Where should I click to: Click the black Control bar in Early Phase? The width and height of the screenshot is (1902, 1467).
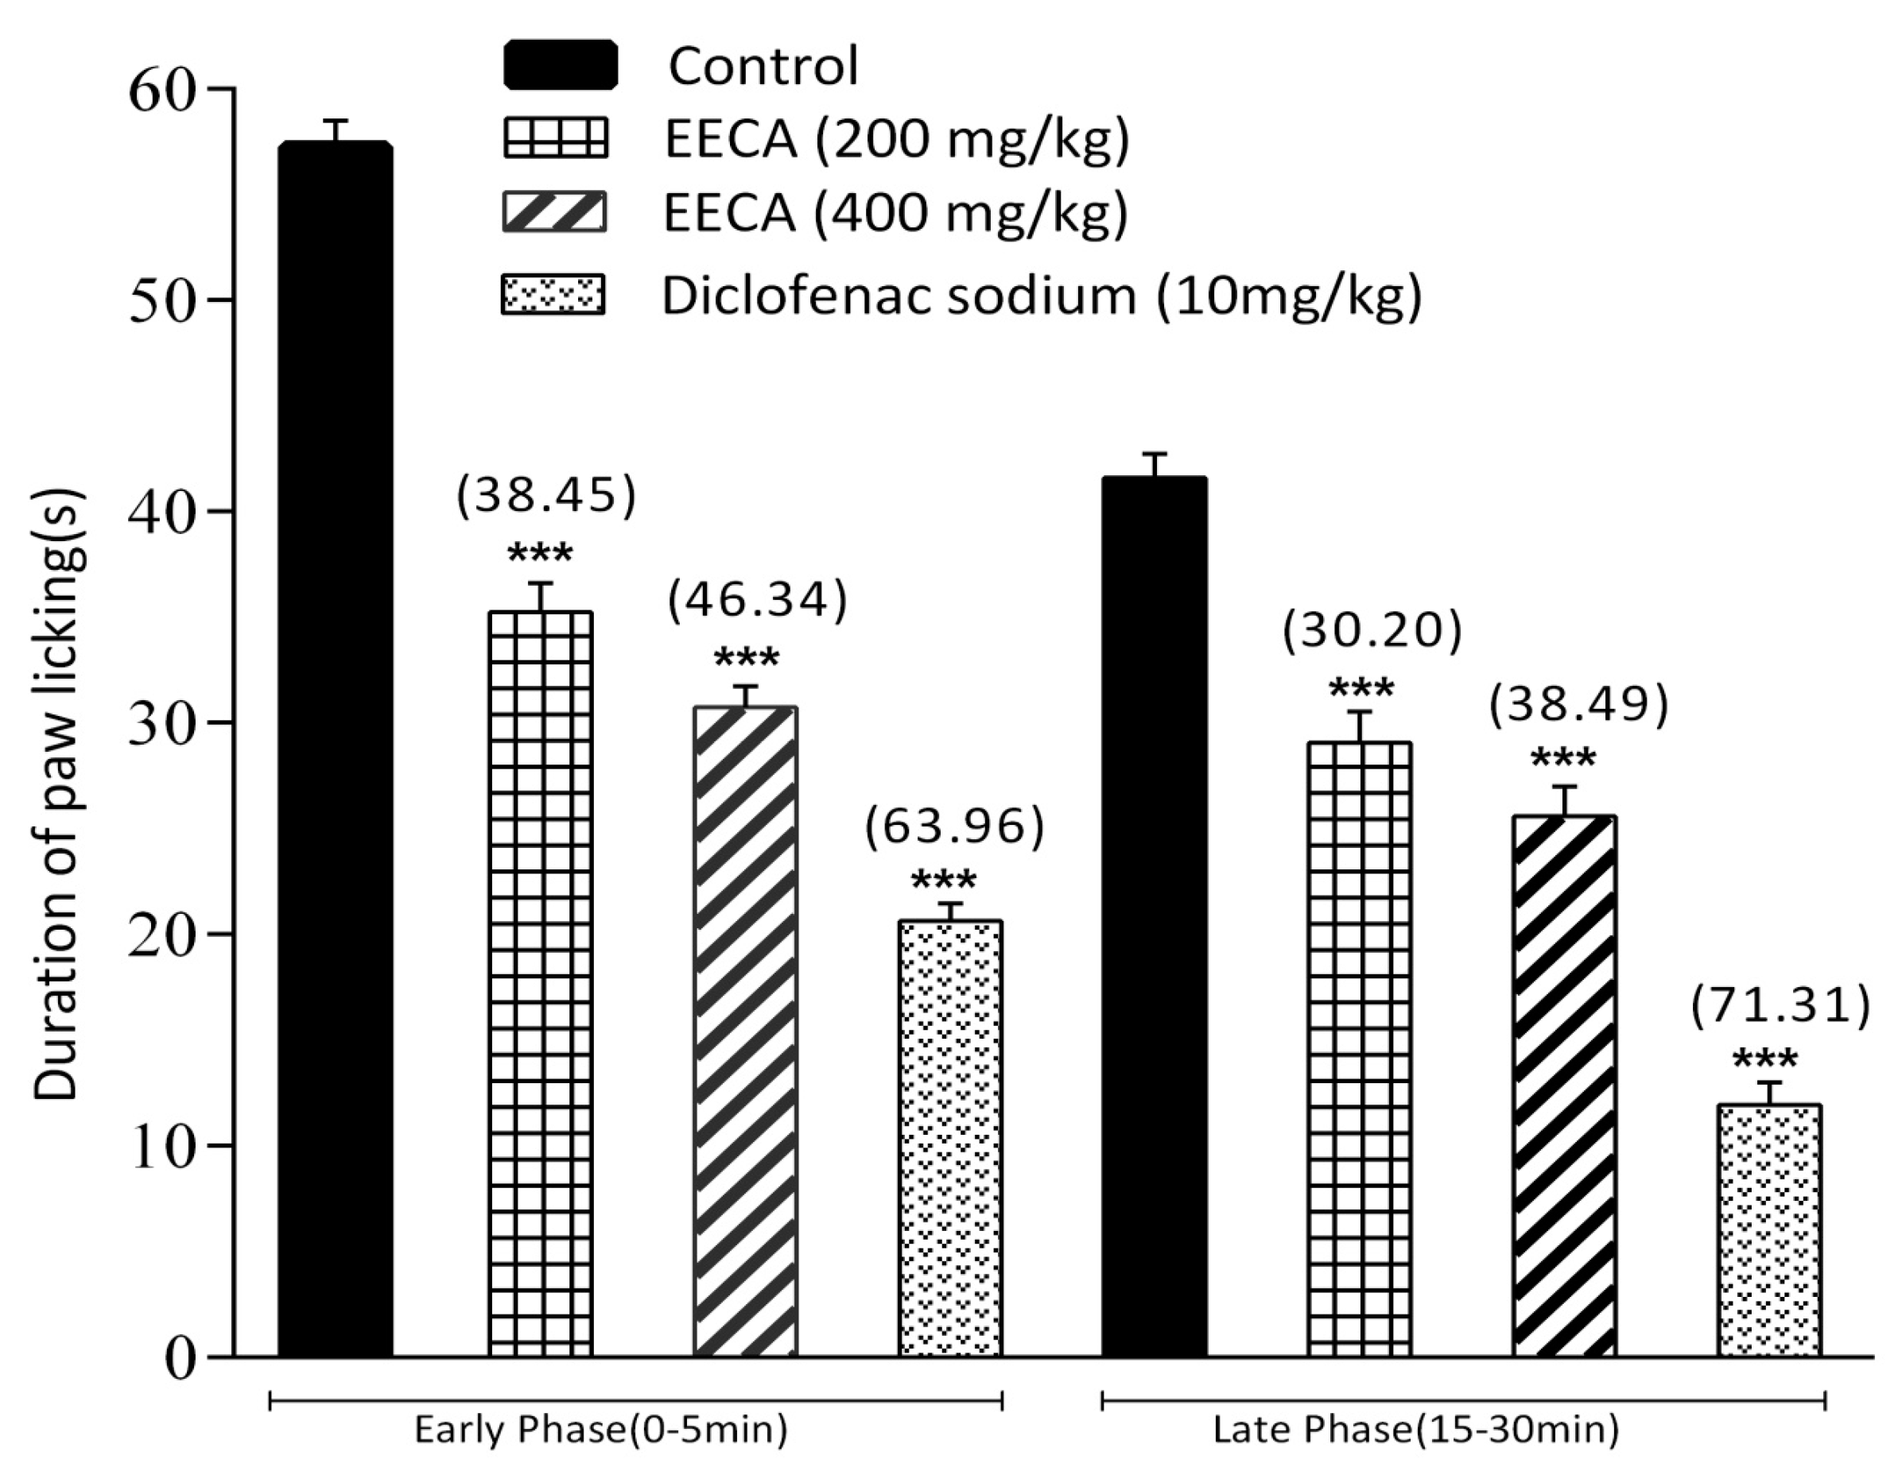click(336, 749)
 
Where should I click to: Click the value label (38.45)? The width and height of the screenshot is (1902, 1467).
click(547, 495)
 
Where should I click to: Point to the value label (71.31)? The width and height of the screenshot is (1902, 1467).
click(1781, 1006)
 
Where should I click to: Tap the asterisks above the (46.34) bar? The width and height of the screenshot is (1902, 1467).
click(747, 659)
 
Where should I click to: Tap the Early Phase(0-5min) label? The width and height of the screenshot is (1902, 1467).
click(601, 1430)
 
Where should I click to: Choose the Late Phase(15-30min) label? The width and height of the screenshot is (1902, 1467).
click(1416, 1430)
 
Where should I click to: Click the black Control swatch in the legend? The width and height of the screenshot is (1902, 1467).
click(561, 65)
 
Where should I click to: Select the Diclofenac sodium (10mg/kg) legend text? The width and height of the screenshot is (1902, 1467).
click(1042, 296)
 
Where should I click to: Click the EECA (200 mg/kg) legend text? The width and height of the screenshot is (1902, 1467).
click(897, 139)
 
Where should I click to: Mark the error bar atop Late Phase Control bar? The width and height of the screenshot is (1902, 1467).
click(1155, 465)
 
